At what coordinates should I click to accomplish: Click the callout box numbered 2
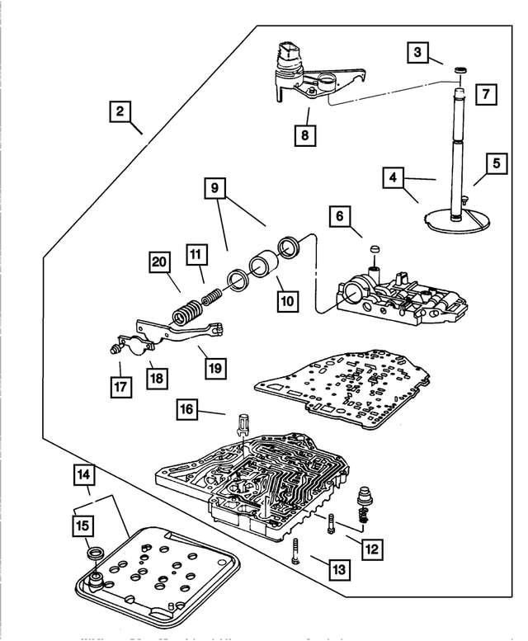coord(122,111)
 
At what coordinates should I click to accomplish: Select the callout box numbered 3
coord(418,54)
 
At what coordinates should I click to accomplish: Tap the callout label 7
coord(487,95)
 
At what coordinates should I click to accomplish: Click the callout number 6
coord(339,218)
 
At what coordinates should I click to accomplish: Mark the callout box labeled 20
coord(159,262)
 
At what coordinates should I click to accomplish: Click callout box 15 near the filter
coord(86,526)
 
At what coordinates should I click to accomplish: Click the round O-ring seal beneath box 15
coord(95,552)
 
